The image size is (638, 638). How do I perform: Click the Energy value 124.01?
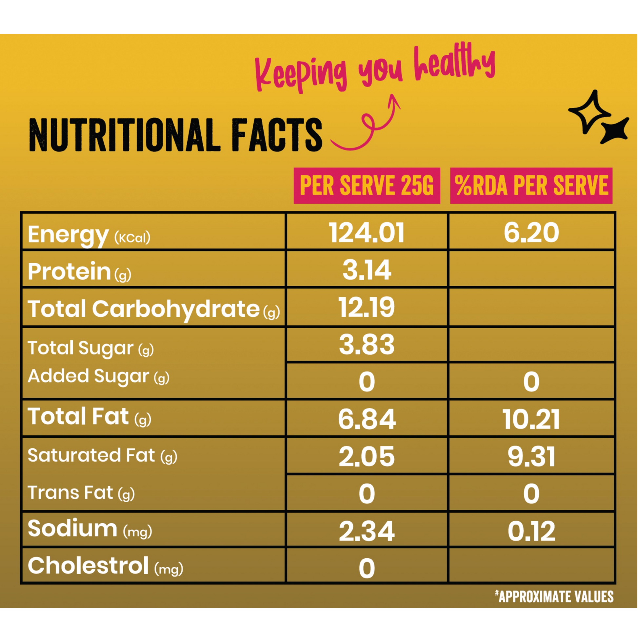[x=367, y=233]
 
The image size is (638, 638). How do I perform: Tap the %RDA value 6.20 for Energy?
[x=531, y=233]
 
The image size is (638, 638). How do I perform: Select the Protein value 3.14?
[x=367, y=270]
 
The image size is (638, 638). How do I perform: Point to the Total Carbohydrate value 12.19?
[x=367, y=308]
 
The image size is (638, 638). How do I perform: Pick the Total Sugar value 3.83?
[x=367, y=345]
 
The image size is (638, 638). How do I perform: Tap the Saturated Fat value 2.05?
[x=367, y=457]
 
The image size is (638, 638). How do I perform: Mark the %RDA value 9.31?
[x=531, y=457]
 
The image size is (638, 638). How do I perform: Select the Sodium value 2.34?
[x=367, y=531]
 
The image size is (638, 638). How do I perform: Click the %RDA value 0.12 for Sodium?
[x=531, y=531]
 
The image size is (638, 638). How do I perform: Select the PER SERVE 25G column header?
[x=367, y=185]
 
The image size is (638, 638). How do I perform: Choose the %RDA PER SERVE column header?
[x=531, y=185]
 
